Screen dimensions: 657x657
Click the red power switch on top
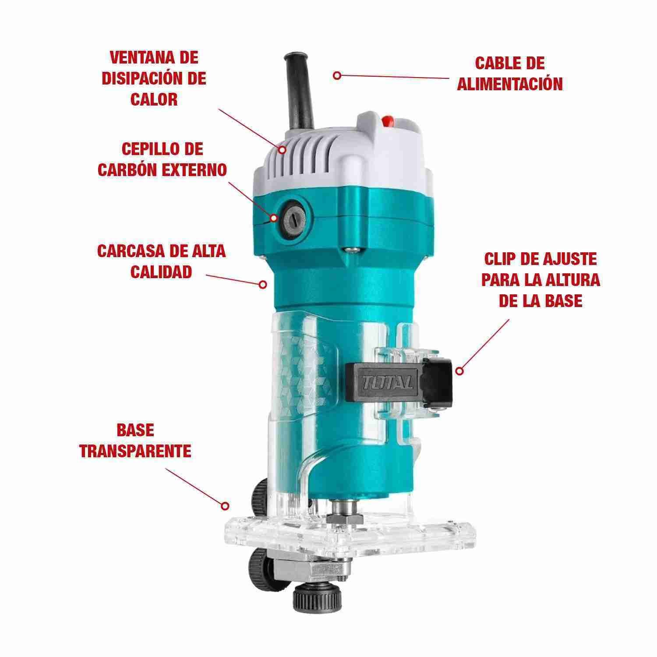click(x=387, y=121)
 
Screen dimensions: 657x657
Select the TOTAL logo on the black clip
click(x=387, y=383)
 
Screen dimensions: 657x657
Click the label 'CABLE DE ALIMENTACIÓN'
click(x=510, y=73)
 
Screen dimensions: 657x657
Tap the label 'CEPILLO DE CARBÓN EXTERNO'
click(x=162, y=159)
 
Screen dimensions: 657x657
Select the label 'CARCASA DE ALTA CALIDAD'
click(x=161, y=261)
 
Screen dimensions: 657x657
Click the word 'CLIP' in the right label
click(x=499, y=259)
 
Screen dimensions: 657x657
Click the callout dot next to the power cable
click(x=336, y=75)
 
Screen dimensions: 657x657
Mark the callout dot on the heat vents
click(x=283, y=149)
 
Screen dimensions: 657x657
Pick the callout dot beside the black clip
click(x=459, y=371)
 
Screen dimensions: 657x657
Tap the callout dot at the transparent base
click(x=225, y=506)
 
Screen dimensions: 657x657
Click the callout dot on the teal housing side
click(x=263, y=284)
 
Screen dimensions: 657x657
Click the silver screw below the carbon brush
click(x=351, y=250)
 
